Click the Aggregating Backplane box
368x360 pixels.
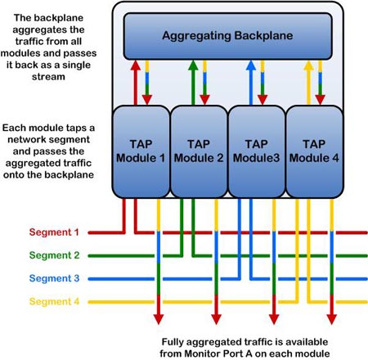(x=227, y=36)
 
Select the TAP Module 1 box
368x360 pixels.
(x=141, y=151)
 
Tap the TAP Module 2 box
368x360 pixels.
(x=199, y=151)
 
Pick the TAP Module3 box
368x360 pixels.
(x=257, y=151)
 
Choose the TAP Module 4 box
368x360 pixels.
(x=314, y=151)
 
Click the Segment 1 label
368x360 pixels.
(x=54, y=232)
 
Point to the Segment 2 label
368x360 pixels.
(x=54, y=255)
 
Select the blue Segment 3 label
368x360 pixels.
(x=54, y=278)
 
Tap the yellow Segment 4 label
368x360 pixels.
(x=54, y=302)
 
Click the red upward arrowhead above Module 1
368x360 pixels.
(x=136, y=65)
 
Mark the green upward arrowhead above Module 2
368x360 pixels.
(x=193, y=65)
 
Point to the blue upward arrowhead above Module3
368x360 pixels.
(x=251, y=65)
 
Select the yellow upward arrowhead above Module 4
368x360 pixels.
(x=308, y=65)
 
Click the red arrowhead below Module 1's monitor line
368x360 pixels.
(x=159, y=319)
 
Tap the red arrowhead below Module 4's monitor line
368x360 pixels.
(x=332, y=319)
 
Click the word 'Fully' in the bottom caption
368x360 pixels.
(x=173, y=342)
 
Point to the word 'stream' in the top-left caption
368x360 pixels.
(x=48, y=77)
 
